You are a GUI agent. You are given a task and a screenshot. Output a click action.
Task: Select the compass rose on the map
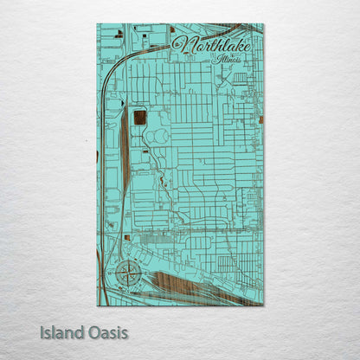pyautogui.click(x=125, y=275)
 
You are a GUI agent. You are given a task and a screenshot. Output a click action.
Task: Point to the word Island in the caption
pyautogui.click(x=61, y=332)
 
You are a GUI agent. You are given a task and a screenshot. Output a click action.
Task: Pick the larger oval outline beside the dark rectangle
pyautogui.click(x=161, y=136)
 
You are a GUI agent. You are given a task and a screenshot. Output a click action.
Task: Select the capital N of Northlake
pyautogui.click(x=181, y=43)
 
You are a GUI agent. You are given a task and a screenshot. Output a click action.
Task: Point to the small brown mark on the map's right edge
pyautogui.click(x=260, y=117)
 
